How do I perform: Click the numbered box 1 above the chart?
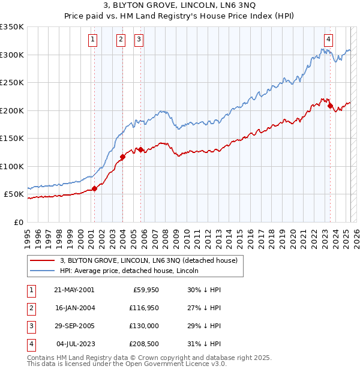[94, 40]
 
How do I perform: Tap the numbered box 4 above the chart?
[329, 40]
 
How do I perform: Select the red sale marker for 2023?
[331, 106]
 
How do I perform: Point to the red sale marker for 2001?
[94, 188]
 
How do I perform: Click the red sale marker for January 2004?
[122, 157]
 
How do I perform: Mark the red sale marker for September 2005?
[141, 150]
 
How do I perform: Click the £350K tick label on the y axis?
[12, 27]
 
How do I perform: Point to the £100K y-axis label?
[12, 166]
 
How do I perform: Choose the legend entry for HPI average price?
[129, 271]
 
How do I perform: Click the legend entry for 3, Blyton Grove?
[149, 260]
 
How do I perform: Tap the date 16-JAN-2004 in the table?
[74, 308]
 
